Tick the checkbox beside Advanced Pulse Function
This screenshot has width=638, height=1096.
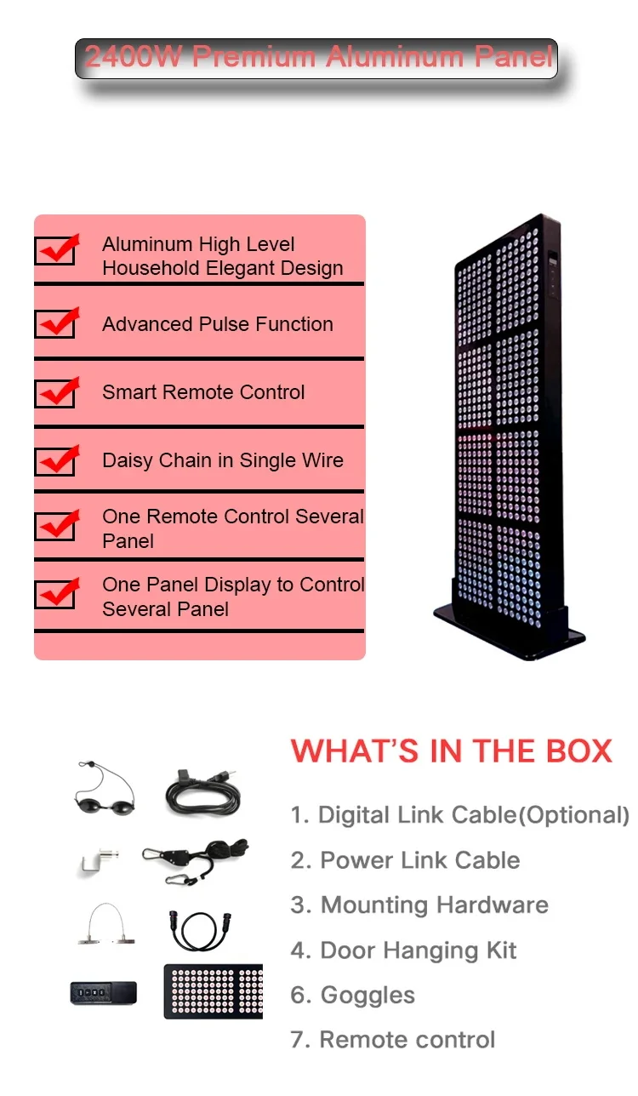tap(55, 323)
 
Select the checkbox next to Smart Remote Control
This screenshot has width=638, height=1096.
tap(55, 391)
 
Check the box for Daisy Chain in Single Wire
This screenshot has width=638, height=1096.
tap(55, 460)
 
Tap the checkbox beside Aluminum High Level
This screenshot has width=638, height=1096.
tap(55, 249)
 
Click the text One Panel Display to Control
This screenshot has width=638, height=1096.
tap(233, 585)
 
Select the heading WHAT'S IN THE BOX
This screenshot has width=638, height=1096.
tap(452, 751)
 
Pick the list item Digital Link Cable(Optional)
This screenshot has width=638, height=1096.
tap(460, 815)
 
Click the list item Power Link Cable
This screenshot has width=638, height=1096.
tap(405, 860)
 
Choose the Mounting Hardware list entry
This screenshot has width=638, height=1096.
tap(419, 905)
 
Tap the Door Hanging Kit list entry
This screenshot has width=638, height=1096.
tap(403, 950)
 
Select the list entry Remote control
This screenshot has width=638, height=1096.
tap(392, 1040)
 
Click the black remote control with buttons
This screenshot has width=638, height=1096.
tap(103, 992)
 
